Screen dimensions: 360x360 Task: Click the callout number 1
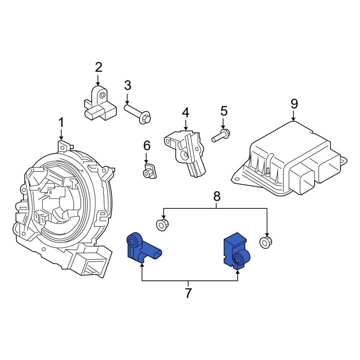61,123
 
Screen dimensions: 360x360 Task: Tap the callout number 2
98,67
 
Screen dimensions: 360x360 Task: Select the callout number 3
127,86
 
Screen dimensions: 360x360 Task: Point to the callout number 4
185,113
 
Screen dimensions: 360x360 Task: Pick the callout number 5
224,111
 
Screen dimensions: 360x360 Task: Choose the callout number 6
147,145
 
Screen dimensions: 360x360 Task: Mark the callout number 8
216,196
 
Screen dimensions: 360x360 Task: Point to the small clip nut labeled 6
148,171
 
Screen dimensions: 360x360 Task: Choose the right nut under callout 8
266,242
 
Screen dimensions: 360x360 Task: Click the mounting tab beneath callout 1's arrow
63,146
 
